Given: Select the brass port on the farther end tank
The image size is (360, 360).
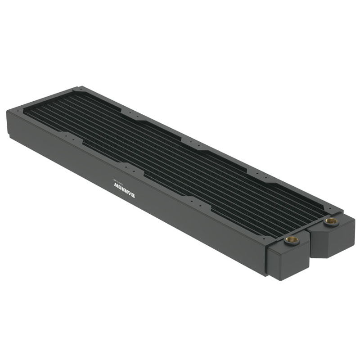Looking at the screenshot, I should pos(332,221).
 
